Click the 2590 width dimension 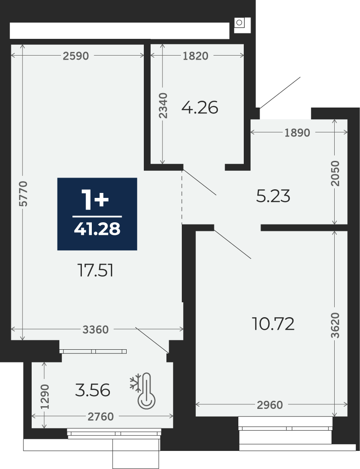(x=76, y=56)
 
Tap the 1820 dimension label (x=195, y=56)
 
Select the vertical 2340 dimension (x=163, y=105)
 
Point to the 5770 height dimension (x=23, y=193)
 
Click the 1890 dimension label (x=297, y=132)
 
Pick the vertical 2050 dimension (x=336, y=173)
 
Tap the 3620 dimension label (x=336, y=325)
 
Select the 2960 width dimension (x=270, y=405)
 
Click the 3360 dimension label (x=95, y=330)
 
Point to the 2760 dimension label (x=101, y=416)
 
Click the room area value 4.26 (x=200, y=108)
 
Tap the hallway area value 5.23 (x=273, y=197)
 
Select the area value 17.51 (x=95, y=271)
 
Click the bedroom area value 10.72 (x=273, y=324)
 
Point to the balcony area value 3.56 (x=93, y=391)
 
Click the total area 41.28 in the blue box (x=97, y=229)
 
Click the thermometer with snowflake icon (x=143, y=390)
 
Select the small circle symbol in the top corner (x=239, y=23)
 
